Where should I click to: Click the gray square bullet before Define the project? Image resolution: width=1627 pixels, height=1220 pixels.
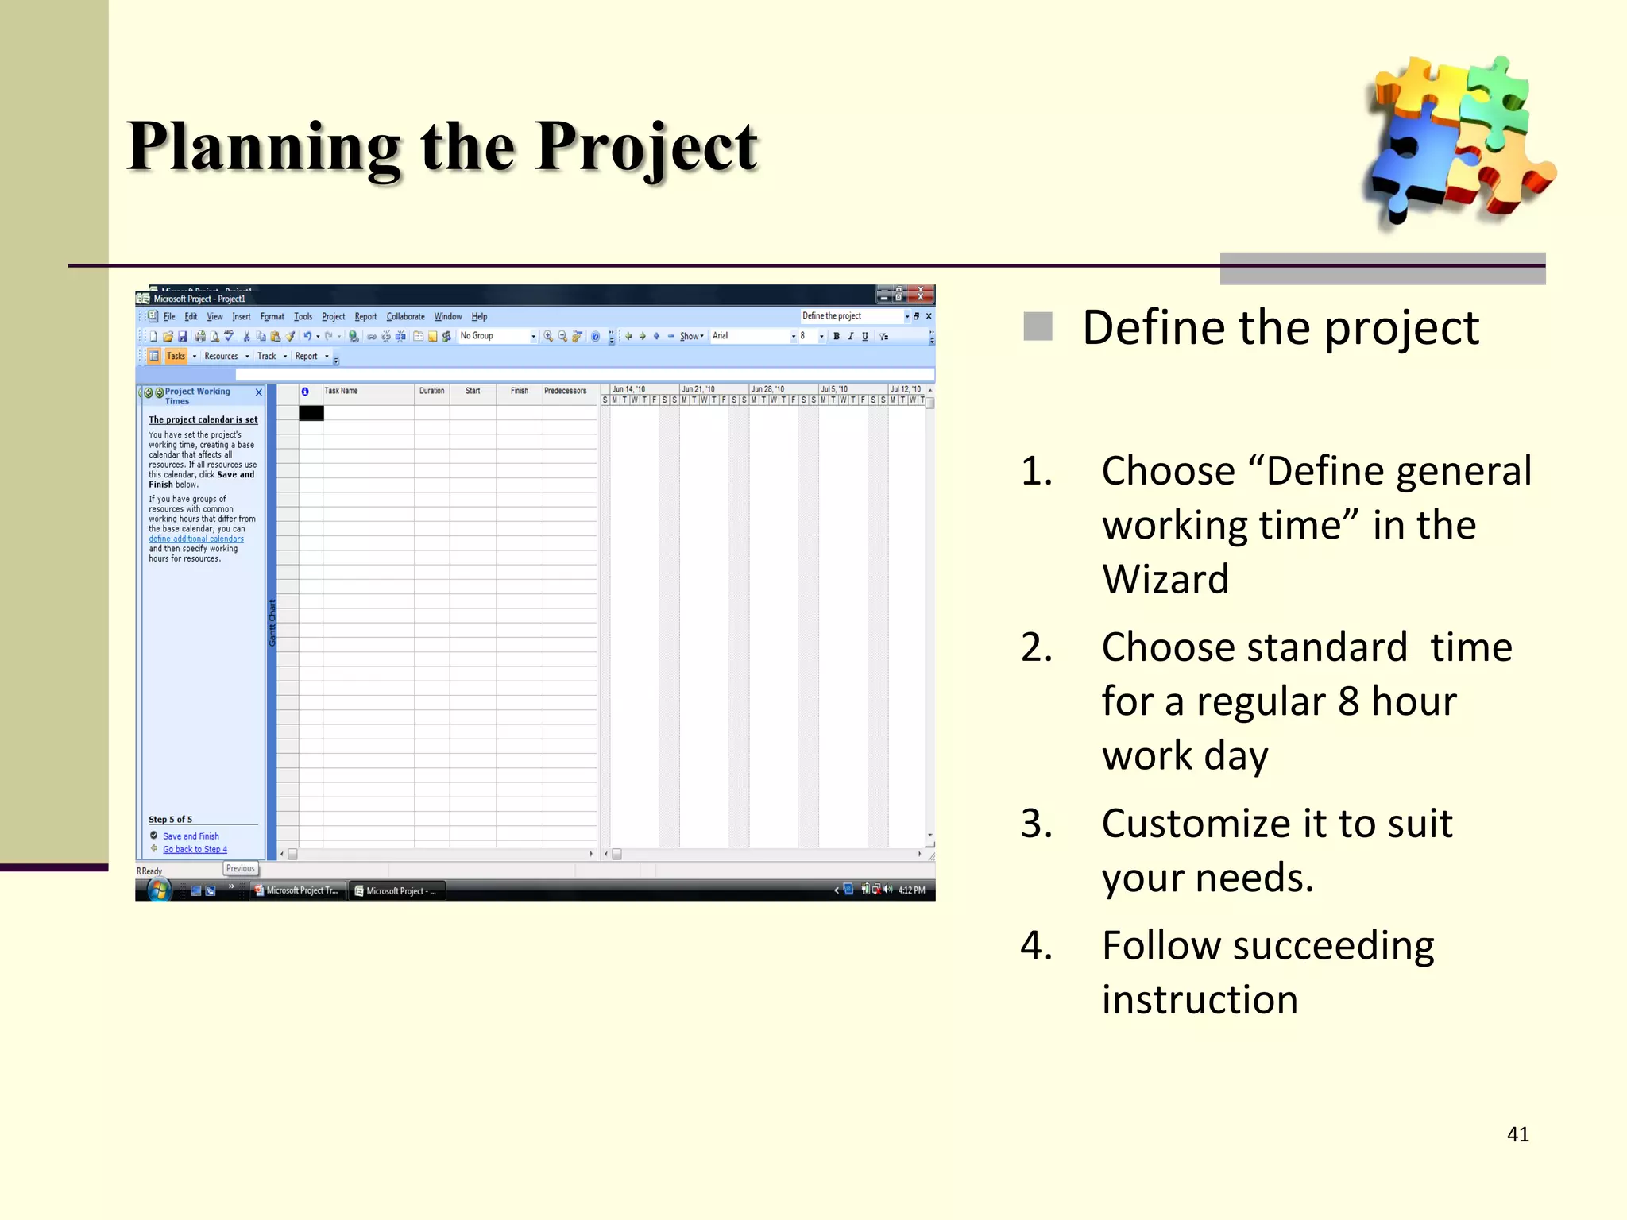pyautogui.click(x=1038, y=326)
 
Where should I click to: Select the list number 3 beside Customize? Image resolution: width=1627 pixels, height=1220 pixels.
pyautogui.click(x=1036, y=824)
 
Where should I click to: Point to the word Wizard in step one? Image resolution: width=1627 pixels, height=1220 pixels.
pyautogui.click(x=1165, y=579)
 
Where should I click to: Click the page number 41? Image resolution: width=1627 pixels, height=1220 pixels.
pyautogui.click(x=1517, y=1134)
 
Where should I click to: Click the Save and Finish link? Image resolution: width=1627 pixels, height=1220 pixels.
pyautogui.click(x=191, y=836)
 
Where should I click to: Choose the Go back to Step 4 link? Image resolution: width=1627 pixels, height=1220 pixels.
pyautogui.click(x=195, y=850)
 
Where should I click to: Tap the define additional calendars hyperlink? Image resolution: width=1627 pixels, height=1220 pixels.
pyautogui.click(x=196, y=539)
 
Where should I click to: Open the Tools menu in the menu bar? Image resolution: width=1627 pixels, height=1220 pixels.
pyautogui.click(x=303, y=317)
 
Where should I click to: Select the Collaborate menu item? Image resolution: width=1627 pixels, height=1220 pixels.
pyautogui.click(x=405, y=317)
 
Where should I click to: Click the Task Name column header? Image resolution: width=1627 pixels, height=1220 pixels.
pyautogui.click(x=342, y=391)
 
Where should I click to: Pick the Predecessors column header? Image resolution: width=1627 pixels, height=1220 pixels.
pyautogui.click(x=565, y=391)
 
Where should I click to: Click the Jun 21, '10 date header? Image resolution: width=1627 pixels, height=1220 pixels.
pyautogui.click(x=698, y=389)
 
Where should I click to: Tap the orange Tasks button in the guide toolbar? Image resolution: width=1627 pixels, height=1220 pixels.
pyautogui.click(x=175, y=357)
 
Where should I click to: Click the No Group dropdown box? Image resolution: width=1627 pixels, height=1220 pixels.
pyautogui.click(x=497, y=337)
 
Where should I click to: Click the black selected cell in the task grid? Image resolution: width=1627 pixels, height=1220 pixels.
pyautogui.click(x=311, y=413)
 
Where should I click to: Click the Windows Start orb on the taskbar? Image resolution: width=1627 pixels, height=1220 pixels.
pyautogui.click(x=159, y=890)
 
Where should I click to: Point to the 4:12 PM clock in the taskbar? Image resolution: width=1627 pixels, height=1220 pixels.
pyautogui.click(x=911, y=890)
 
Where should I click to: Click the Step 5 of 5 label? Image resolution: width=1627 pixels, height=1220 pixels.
pyautogui.click(x=170, y=820)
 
